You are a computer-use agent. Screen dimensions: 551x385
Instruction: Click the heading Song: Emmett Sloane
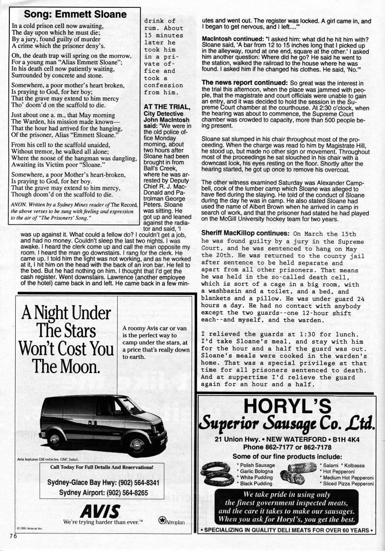[73, 14]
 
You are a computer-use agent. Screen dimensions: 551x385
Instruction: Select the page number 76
[12, 536]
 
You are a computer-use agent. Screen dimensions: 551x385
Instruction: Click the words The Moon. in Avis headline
[65, 367]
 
